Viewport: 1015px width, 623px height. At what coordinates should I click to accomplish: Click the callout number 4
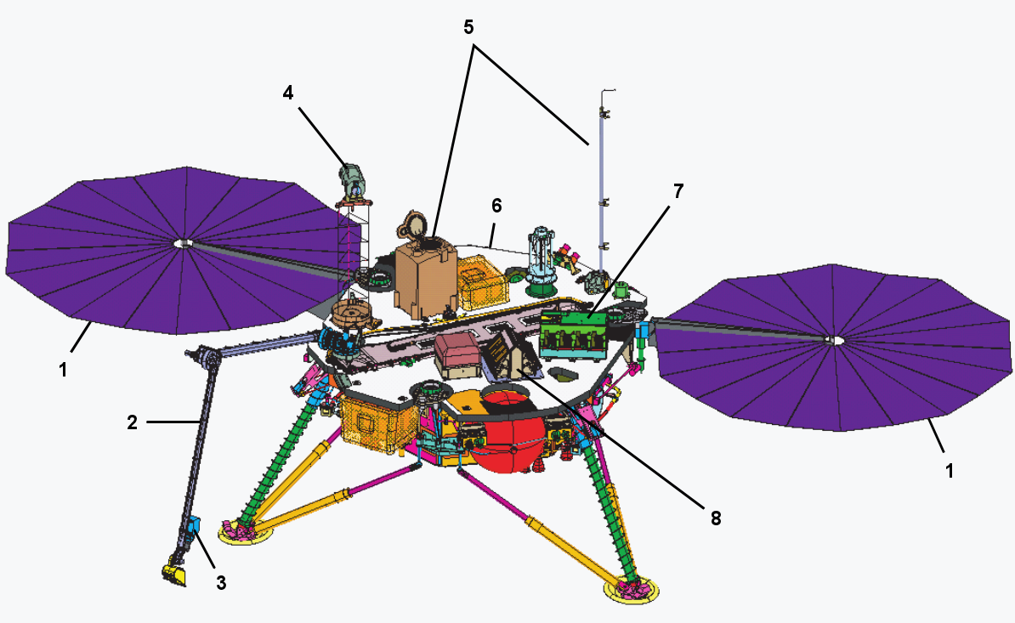[288, 93]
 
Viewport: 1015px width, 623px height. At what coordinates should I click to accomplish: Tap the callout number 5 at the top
[468, 27]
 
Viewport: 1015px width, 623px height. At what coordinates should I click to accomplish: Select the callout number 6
[496, 206]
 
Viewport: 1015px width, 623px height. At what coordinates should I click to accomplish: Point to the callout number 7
[678, 191]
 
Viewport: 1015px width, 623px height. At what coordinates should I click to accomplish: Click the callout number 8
[715, 518]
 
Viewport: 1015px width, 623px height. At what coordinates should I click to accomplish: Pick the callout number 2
[132, 422]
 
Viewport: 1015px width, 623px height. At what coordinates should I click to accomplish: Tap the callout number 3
[221, 583]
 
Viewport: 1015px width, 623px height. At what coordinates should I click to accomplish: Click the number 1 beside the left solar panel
[63, 370]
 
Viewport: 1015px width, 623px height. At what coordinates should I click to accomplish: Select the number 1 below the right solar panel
[949, 471]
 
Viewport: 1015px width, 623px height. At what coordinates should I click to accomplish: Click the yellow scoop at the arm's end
[174, 574]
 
